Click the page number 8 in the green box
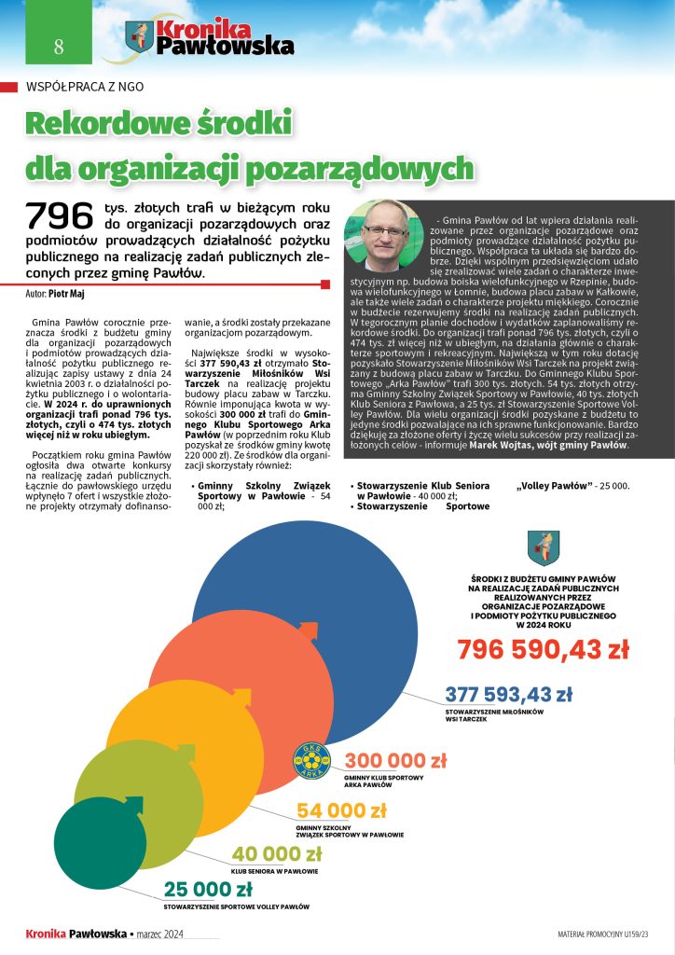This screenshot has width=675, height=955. pos(59,47)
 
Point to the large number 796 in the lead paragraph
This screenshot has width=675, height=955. pos(61,216)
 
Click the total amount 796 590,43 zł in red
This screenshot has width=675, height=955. pos(543,650)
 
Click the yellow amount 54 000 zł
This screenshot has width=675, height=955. pos(341,810)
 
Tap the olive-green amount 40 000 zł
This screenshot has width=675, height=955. pos(276,854)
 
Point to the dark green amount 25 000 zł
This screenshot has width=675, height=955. pos(208,888)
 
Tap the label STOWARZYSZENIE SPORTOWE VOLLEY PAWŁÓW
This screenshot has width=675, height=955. pos(237,907)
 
